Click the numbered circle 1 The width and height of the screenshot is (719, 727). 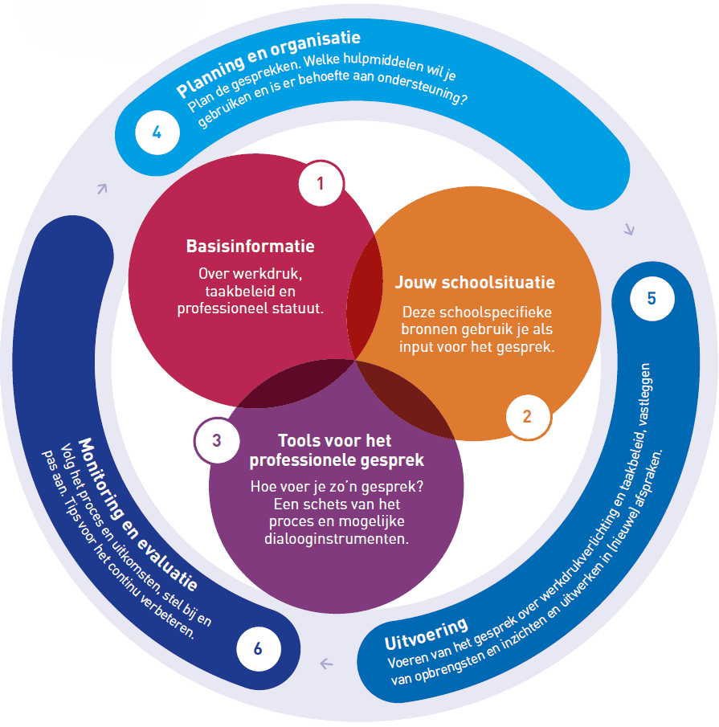click(320, 184)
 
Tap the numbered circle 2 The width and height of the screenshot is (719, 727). click(527, 416)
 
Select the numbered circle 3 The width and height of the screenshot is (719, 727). click(216, 440)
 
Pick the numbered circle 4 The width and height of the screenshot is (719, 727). click(157, 133)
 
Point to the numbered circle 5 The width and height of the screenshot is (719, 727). click(651, 298)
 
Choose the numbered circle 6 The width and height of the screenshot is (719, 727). click(258, 648)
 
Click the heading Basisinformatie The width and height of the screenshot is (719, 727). click(250, 246)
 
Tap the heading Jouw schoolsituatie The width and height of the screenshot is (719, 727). click(475, 283)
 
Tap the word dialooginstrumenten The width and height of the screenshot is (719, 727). click(336, 538)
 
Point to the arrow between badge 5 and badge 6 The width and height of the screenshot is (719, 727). click(326, 664)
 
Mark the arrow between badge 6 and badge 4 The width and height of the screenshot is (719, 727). click(102, 189)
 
